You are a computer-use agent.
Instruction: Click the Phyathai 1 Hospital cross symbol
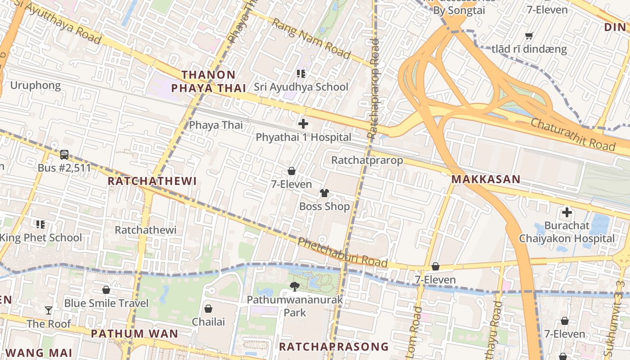303,123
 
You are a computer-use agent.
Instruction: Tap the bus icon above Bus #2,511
64,155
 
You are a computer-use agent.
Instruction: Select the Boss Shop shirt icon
324,193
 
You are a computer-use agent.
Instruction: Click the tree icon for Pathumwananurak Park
295,286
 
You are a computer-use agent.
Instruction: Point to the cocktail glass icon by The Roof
49,310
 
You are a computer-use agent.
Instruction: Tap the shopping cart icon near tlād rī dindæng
529,35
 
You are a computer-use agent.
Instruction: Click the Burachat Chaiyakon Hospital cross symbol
567,212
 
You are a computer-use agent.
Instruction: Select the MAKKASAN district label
486,179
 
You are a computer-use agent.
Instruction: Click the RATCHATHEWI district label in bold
152,181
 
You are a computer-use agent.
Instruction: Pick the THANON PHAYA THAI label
208,81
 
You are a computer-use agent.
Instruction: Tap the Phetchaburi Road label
342,252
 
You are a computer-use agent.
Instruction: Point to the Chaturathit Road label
572,134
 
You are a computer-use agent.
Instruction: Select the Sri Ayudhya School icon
301,73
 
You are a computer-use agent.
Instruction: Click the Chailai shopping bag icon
208,308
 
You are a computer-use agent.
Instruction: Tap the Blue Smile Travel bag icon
106,289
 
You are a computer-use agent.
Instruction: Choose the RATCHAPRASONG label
333,346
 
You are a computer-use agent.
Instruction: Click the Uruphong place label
35,85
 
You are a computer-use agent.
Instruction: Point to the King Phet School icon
40,224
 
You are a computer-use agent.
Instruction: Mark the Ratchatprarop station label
367,160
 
